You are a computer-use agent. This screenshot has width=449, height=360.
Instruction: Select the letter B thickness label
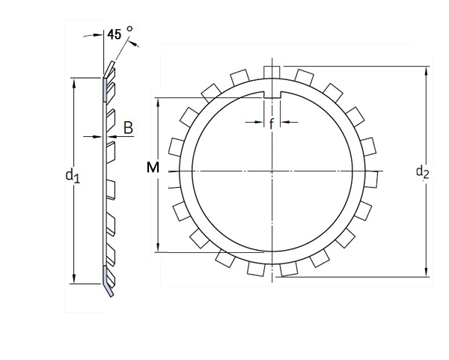(x=128, y=128)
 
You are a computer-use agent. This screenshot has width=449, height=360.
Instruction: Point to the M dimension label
(x=153, y=168)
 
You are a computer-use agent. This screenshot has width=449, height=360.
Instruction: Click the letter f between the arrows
(x=271, y=123)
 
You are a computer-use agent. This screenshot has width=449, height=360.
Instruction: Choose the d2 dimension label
(x=422, y=172)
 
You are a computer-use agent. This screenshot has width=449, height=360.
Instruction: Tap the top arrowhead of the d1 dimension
(x=74, y=79)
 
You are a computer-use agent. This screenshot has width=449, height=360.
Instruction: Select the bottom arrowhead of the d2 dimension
(x=427, y=274)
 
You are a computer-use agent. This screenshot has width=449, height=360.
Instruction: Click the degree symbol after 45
(x=130, y=28)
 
